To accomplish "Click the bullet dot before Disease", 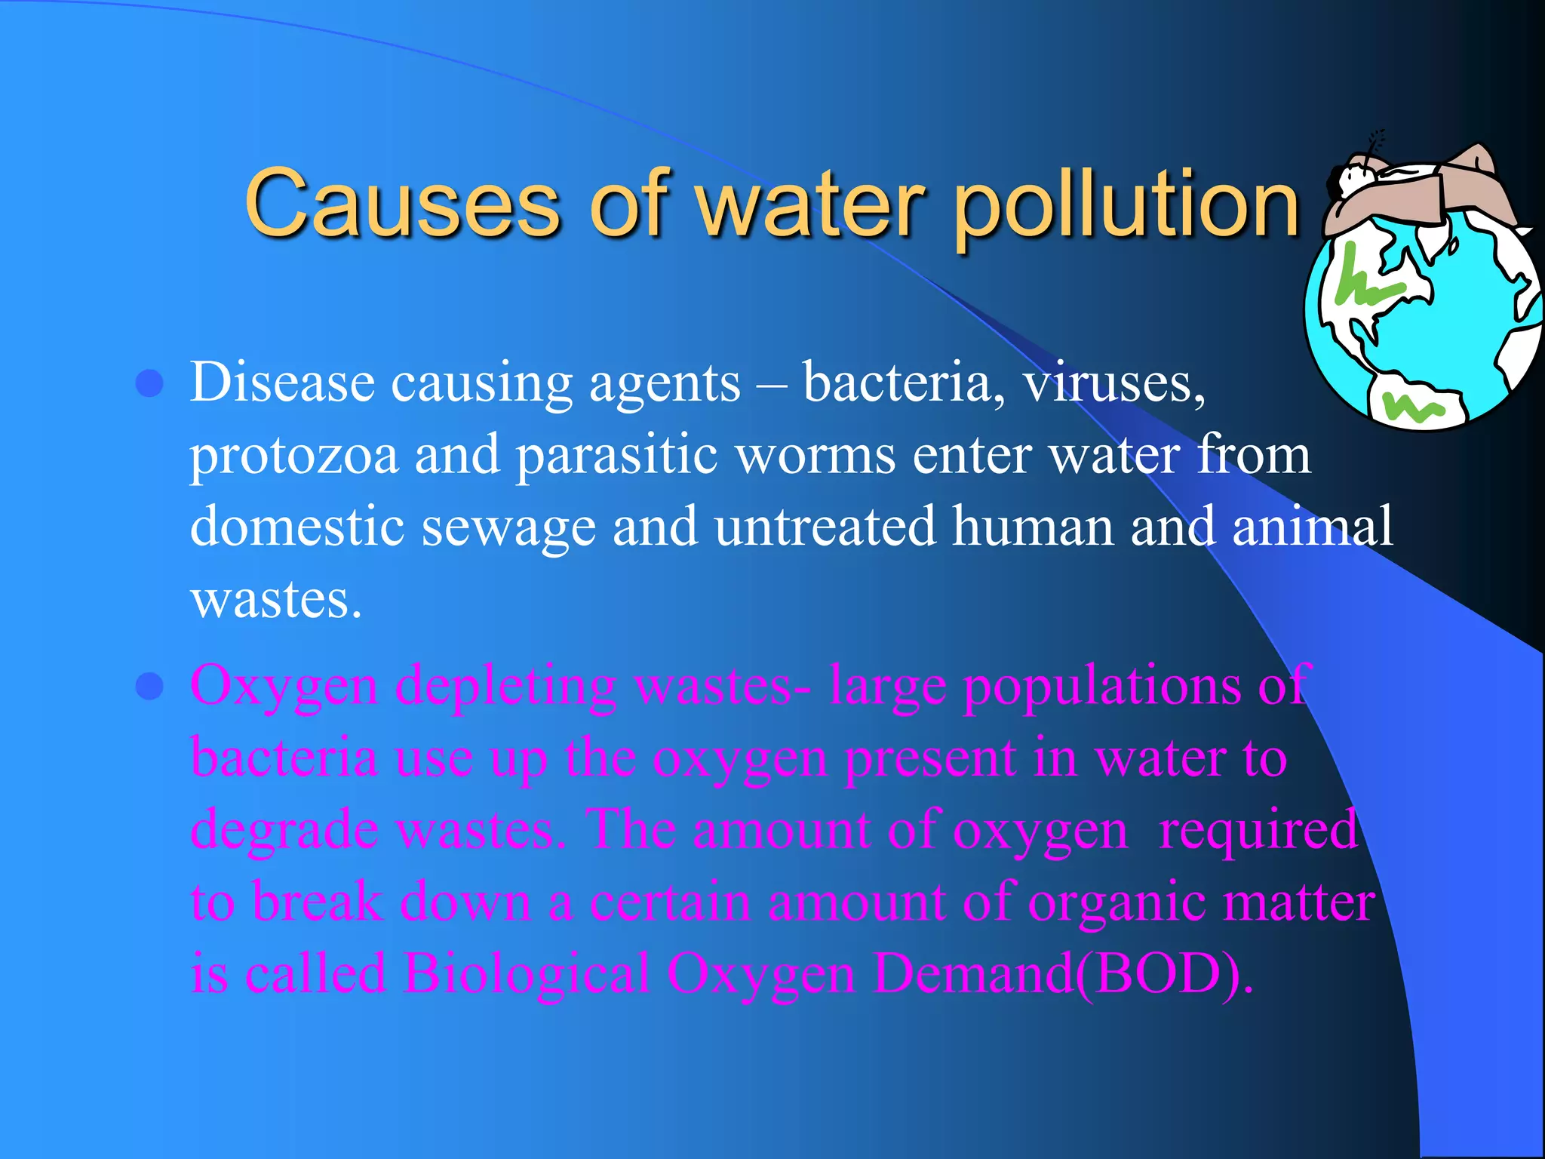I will click(x=150, y=383).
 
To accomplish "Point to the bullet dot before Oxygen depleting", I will click(x=150, y=687).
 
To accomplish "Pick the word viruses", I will click(x=1113, y=383).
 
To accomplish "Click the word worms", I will click(x=815, y=455).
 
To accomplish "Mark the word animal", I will click(x=1312, y=526).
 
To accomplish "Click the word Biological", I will click(x=526, y=973).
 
